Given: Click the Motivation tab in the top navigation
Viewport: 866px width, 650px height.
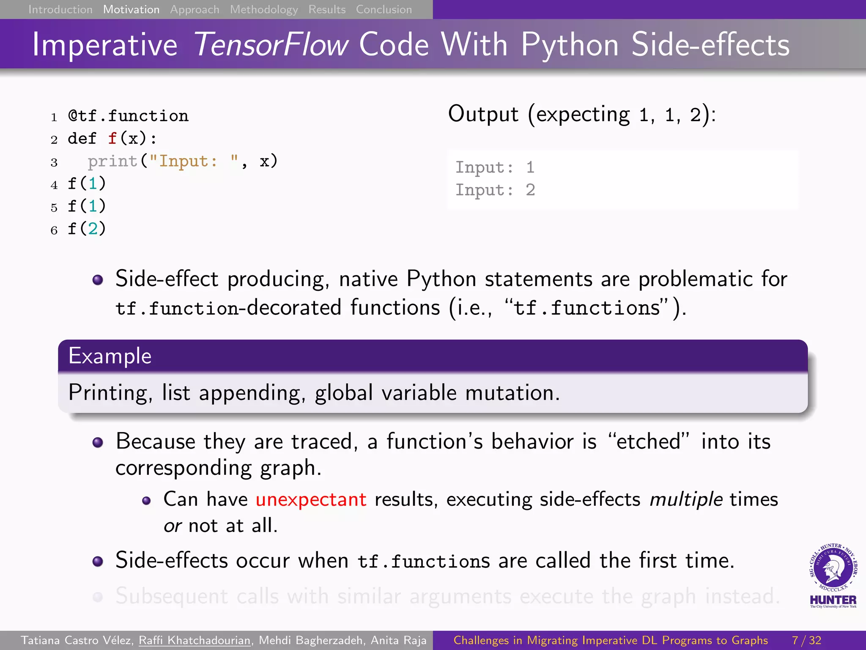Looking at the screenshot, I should [131, 9].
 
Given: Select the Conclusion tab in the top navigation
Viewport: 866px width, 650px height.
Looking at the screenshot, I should [384, 9].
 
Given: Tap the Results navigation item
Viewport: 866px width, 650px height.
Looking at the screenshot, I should [327, 9].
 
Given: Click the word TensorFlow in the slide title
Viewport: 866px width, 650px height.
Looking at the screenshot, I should [271, 45].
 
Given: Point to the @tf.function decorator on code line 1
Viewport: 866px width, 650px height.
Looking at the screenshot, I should [128, 116].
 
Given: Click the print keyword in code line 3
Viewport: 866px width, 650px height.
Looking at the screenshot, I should [112, 161].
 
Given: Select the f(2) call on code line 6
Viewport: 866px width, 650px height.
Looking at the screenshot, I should [87, 229].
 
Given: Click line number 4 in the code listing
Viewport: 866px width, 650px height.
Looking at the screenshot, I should [54, 185].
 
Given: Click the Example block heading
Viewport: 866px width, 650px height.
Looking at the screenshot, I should [110, 356].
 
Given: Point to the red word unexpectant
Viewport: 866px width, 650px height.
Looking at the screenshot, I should [311, 499].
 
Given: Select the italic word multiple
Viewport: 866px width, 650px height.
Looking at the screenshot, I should [686, 499].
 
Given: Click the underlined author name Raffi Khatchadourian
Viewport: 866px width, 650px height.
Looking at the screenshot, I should [195, 640].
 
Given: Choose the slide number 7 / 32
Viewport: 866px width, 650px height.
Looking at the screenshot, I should [806, 640].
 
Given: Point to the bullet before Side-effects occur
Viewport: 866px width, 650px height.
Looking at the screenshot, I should [98, 561].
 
